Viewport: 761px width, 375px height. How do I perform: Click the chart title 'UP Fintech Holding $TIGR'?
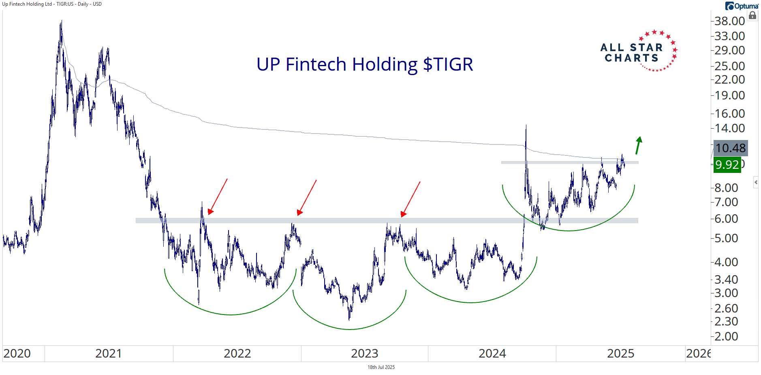tap(365, 65)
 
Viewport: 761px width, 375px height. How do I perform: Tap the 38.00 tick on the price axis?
tap(729, 21)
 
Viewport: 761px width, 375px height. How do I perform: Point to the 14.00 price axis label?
tap(729, 128)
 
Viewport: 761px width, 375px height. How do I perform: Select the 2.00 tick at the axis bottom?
tap(726, 336)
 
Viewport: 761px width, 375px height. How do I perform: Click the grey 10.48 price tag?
tap(730, 148)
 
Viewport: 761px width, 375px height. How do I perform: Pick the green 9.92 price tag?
tap(727, 165)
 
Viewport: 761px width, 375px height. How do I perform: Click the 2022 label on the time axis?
tap(237, 353)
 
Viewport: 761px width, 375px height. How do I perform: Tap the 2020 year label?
tap(17, 353)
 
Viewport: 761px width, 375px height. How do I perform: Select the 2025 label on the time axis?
tap(620, 353)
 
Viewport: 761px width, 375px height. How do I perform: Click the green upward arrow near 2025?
tap(638, 145)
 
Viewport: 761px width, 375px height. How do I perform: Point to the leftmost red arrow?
tap(218, 196)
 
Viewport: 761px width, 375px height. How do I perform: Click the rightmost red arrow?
tap(410, 199)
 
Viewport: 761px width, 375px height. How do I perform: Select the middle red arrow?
tap(307, 198)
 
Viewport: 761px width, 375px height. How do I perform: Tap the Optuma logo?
tap(742, 6)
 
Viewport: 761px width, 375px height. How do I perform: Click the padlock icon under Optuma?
tap(752, 16)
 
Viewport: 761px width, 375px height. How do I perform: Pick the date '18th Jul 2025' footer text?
tap(381, 367)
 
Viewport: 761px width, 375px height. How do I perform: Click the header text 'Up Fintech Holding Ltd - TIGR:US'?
tap(52, 4)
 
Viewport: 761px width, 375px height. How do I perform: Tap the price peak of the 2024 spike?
tap(526, 126)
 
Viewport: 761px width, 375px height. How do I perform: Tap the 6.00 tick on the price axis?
tap(726, 219)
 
